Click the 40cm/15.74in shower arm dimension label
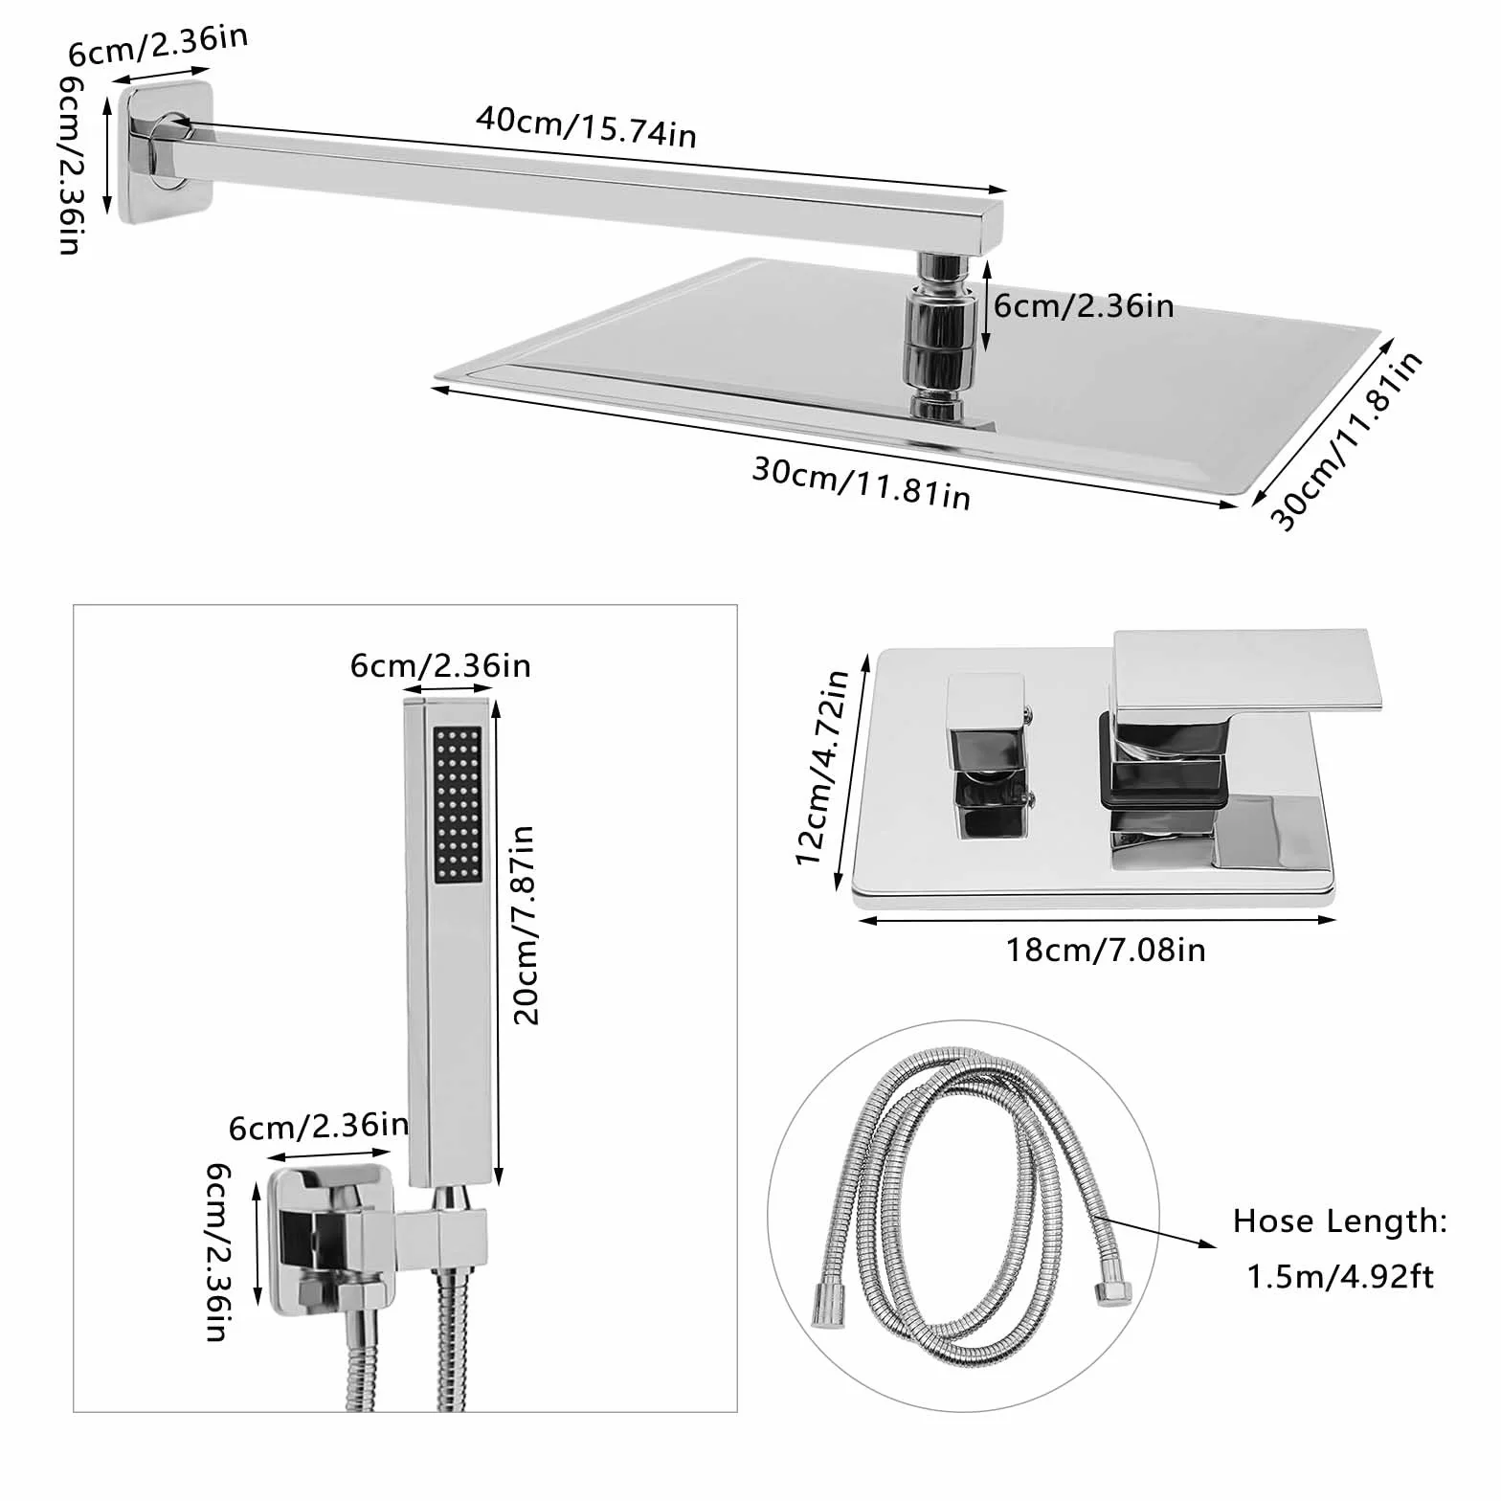586,126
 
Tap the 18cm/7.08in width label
1105,950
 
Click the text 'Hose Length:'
1339,1221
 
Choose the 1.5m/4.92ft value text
1340,1277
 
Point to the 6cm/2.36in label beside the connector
1084,305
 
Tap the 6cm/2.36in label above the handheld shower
440,665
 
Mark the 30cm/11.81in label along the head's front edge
862,483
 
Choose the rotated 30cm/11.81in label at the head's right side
1346,440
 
